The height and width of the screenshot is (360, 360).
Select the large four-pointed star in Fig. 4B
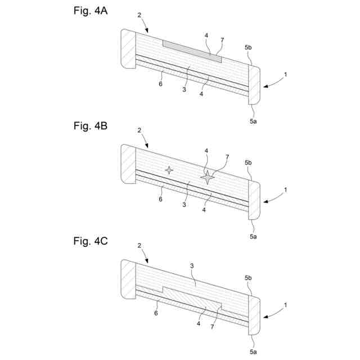208,177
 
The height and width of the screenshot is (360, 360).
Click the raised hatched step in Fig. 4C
191,297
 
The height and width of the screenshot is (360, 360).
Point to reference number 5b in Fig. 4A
248,48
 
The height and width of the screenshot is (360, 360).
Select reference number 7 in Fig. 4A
222,40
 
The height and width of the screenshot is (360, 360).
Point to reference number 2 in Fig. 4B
139,130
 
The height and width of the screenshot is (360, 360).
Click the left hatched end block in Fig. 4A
128,49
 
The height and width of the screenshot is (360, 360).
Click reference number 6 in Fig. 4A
160,83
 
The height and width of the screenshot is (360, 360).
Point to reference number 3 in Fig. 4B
184,204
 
